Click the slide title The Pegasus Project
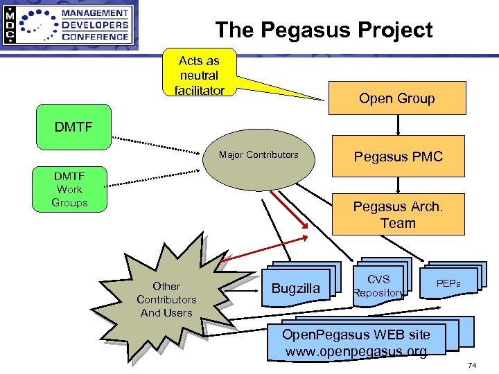[324, 30]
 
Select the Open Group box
[396, 98]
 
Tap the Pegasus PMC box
[398, 157]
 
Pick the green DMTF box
[73, 127]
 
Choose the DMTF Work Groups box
[69, 189]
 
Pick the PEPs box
[448, 283]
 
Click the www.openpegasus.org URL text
[356, 351]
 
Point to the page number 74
[472, 365]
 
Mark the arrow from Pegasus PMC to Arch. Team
[398, 185]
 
